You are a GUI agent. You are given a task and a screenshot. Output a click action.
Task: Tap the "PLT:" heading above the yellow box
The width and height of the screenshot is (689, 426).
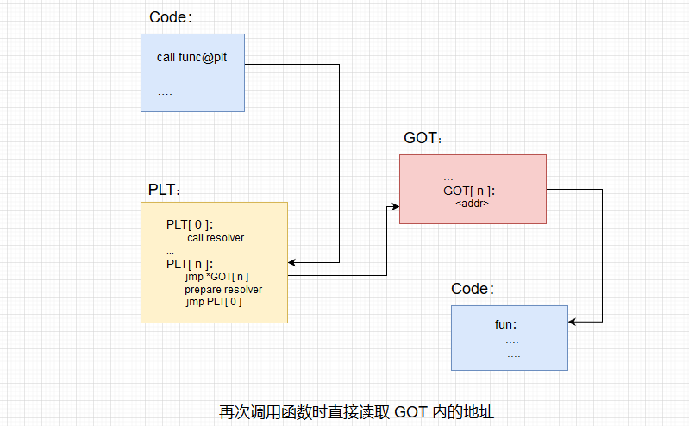pos(165,189)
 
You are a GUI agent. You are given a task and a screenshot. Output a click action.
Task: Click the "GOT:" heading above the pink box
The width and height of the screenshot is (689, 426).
pos(423,138)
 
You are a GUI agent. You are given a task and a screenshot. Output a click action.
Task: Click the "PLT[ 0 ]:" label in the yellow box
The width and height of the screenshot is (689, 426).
pos(190,224)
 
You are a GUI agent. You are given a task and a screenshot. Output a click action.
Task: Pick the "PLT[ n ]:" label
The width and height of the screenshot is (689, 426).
pos(190,263)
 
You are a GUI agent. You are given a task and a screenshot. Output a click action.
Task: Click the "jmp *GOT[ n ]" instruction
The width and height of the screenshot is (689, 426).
pos(216,277)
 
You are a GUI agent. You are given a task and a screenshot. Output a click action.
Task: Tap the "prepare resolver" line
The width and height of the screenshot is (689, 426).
pos(223,290)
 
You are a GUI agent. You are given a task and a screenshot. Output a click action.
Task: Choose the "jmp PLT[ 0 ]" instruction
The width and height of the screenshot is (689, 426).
pos(213,303)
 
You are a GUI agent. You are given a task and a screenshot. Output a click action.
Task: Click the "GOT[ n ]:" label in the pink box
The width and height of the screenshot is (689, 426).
pos(469,191)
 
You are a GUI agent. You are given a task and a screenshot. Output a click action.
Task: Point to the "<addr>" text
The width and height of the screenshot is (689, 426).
pos(473,204)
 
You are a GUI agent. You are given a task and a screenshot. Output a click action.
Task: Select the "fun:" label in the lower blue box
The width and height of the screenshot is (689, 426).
pos(505,325)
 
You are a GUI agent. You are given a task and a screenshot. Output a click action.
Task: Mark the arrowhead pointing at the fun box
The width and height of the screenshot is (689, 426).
pos(573,322)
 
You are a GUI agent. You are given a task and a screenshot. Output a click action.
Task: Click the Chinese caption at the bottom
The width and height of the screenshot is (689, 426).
pos(356,411)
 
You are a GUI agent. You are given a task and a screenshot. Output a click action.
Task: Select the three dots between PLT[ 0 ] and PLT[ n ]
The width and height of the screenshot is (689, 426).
pos(171,251)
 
